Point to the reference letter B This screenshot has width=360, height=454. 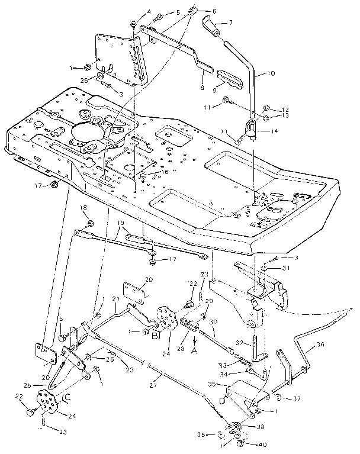156,336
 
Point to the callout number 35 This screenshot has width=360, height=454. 227,384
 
